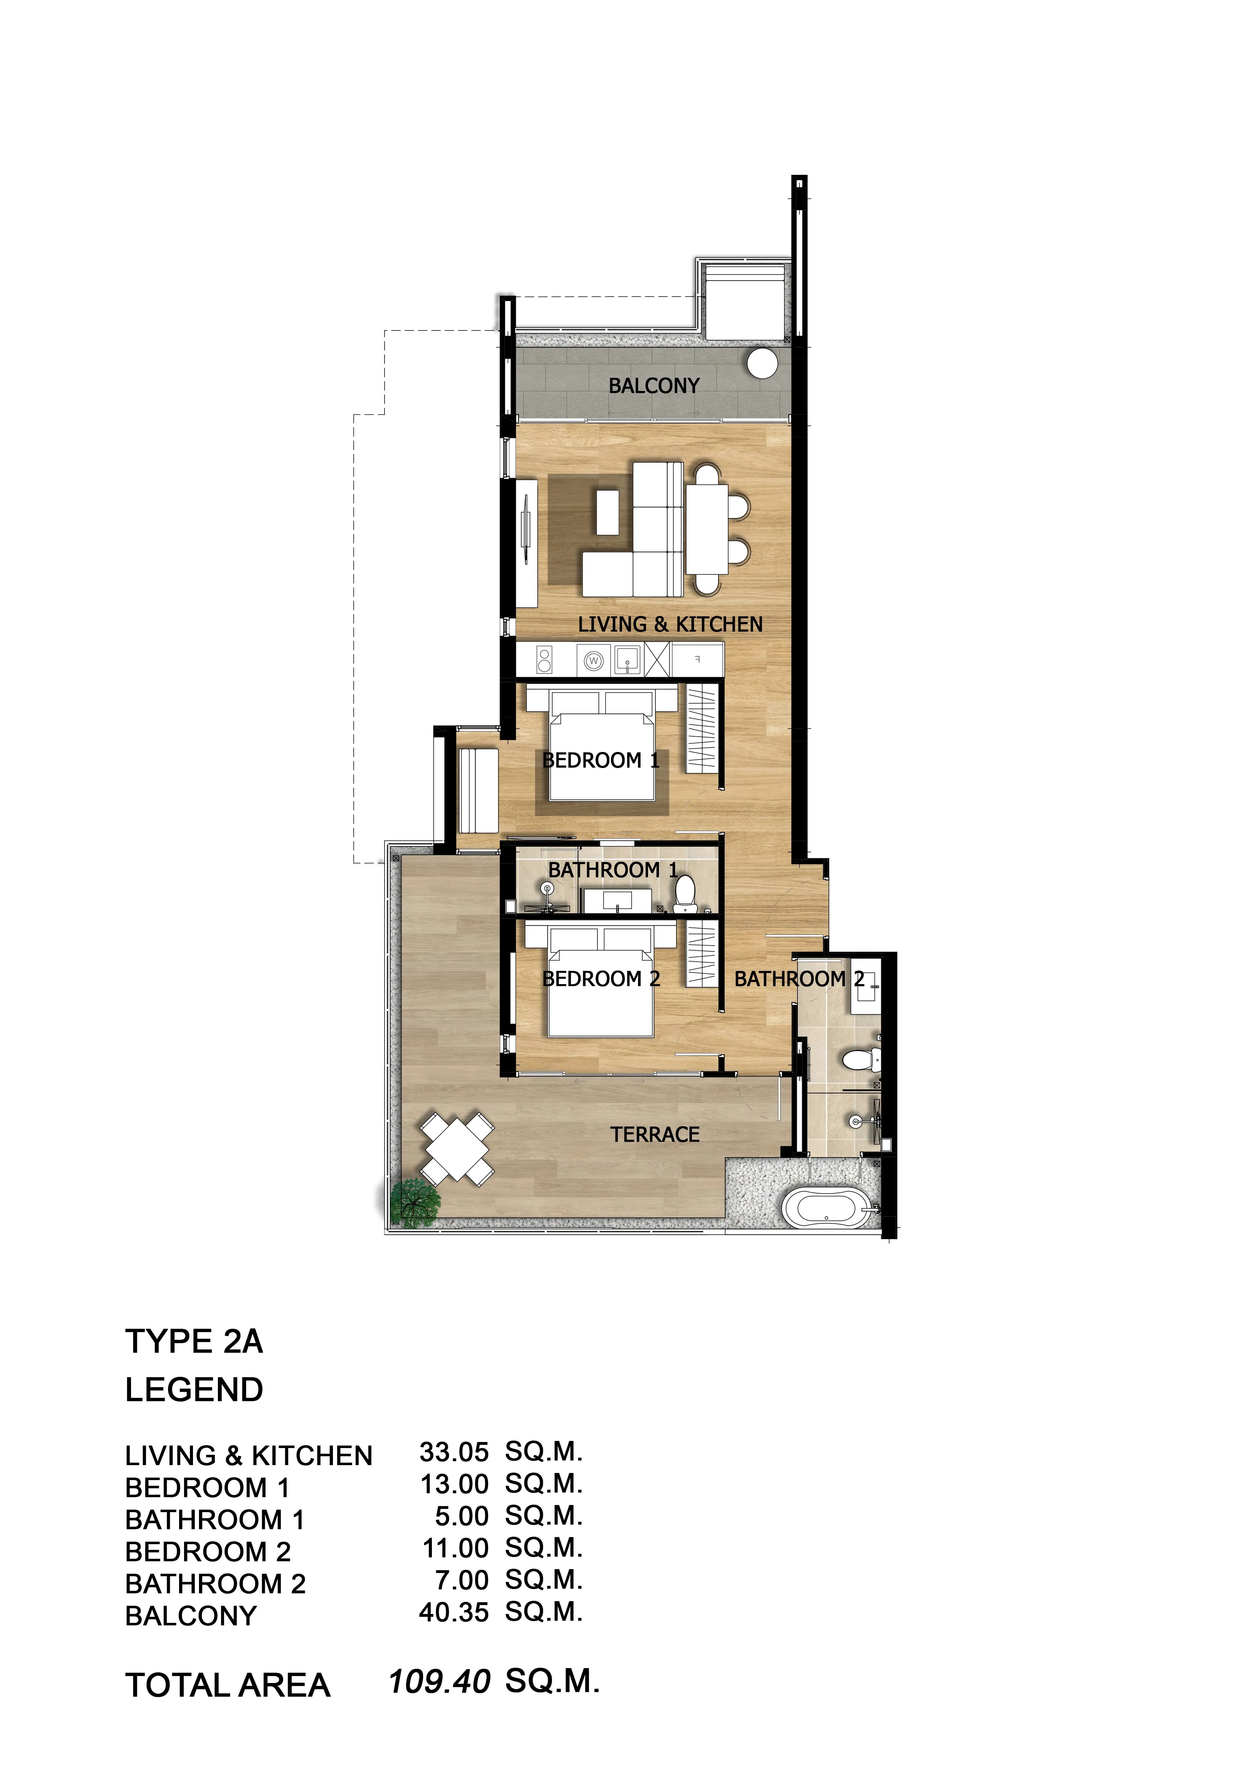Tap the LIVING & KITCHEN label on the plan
pyautogui.click(x=670, y=625)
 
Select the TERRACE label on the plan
pyautogui.click(x=655, y=1134)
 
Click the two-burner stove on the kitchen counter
pyautogui.click(x=544, y=660)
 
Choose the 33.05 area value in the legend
pyautogui.click(x=454, y=1452)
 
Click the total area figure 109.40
pyautogui.click(x=439, y=1681)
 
